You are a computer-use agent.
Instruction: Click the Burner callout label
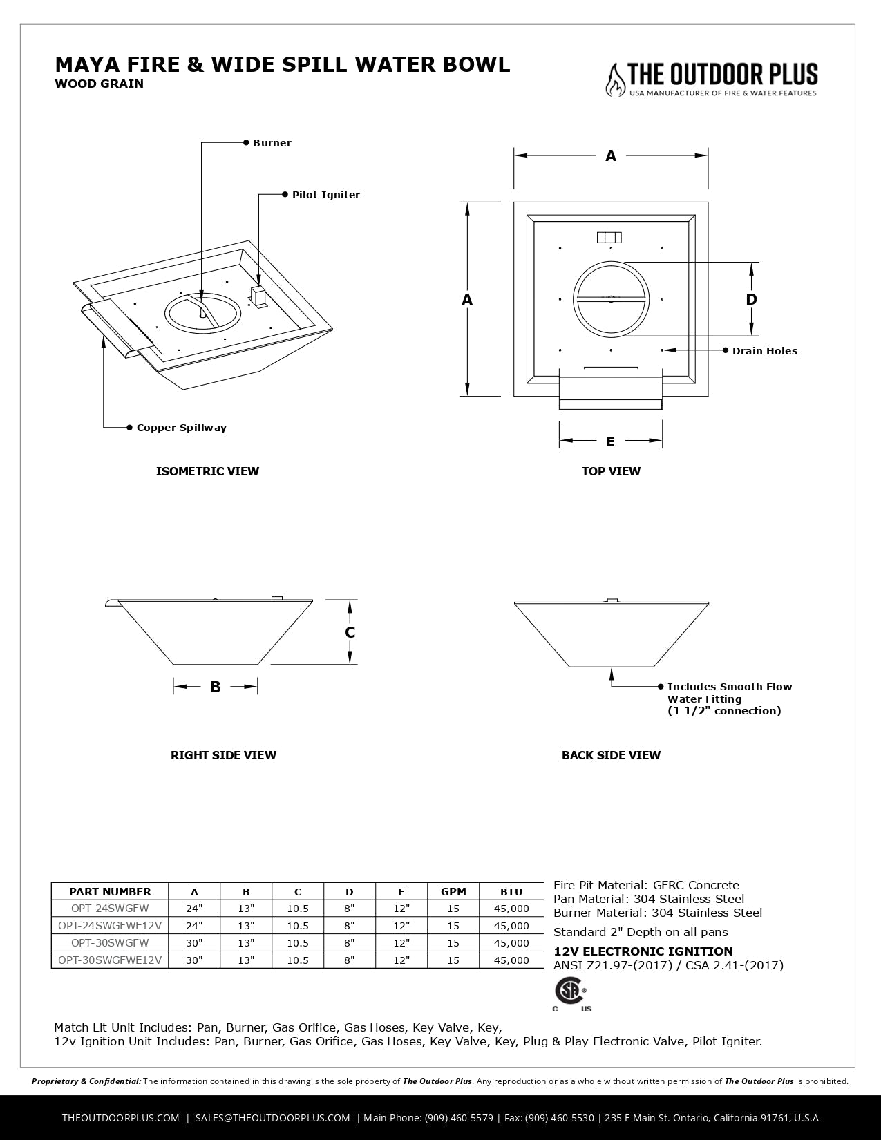tap(272, 143)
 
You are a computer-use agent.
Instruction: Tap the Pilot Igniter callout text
tap(325, 195)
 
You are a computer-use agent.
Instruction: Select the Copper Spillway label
tap(181, 428)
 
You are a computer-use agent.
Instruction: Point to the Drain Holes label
tap(764, 351)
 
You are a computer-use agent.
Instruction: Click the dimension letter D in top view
tap(751, 299)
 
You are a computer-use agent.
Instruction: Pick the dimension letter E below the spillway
tap(610, 441)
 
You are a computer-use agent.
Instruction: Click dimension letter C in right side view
tap(350, 633)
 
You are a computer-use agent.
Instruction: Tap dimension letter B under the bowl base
tap(216, 687)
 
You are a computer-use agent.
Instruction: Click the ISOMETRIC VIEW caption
tap(207, 471)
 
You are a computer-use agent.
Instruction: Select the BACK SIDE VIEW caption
tap(611, 755)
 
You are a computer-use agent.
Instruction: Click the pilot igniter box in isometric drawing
tap(258, 298)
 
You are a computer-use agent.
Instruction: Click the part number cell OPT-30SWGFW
tap(110, 942)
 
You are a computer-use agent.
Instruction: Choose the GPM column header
tap(453, 891)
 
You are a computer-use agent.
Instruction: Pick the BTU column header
tap(511, 891)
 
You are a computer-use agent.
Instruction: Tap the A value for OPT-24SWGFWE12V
tap(194, 926)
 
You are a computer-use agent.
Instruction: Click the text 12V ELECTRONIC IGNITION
tap(643, 951)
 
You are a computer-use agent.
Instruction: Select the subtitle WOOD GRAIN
tap(99, 84)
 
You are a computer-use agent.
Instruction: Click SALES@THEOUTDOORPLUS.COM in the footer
tap(273, 1117)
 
